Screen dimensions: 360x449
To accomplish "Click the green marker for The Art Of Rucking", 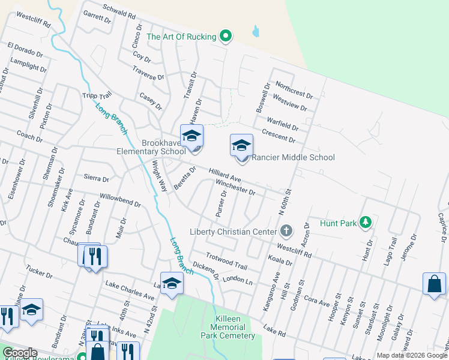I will pyautogui.click(x=226, y=37).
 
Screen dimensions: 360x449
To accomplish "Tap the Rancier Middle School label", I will pyautogui.click(x=292, y=158).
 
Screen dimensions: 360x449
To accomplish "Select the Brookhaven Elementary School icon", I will pyautogui.click(x=191, y=137).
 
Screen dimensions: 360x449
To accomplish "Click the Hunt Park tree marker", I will pyautogui.click(x=365, y=223).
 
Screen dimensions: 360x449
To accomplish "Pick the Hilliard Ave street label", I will pyautogui.click(x=224, y=176).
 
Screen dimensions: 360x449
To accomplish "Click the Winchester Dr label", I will pyautogui.click(x=236, y=188).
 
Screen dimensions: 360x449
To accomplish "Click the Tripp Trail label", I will pyautogui.click(x=97, y=96).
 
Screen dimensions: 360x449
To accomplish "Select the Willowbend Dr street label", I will pyautogui.click(x=120, y=200).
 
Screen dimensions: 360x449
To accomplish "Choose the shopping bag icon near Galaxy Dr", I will pyautogui.click(x=433, y=283).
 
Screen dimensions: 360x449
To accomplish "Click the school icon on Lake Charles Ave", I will pyautogui.click(x=172, y=283).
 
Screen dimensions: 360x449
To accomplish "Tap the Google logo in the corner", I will pyautogui.click(x=19, y=353).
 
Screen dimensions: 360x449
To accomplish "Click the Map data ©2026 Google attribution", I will pyautogui.click(x=411, y=355).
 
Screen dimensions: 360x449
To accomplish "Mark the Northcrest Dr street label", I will pyautogui.click(x=292, y=91).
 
